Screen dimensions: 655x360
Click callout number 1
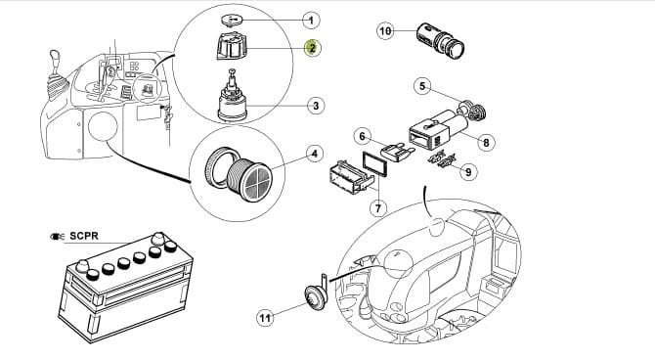click(x=311, y=21)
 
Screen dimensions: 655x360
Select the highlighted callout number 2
click(x=313, y=48)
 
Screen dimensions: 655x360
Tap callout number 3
click(x=316, y=106)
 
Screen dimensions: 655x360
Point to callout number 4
click(x=315, y=154)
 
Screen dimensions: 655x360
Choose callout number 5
click(x=422, y=86)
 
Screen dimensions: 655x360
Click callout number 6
click(x=362, y=136)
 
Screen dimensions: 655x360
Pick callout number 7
click(x=378, y=207)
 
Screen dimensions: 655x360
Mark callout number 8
click(x=486, y=143)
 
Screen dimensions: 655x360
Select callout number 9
click(x=468, y=172)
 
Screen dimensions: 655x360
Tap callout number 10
click(x=385, y=31)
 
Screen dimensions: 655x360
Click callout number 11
click(x=265, y=318)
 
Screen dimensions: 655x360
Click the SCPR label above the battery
click(x=84, y=236)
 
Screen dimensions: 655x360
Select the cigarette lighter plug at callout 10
click(x=441, y=40)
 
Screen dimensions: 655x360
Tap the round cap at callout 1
click(x=233, y=20)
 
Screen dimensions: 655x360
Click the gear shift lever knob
click(x=54, y=57)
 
